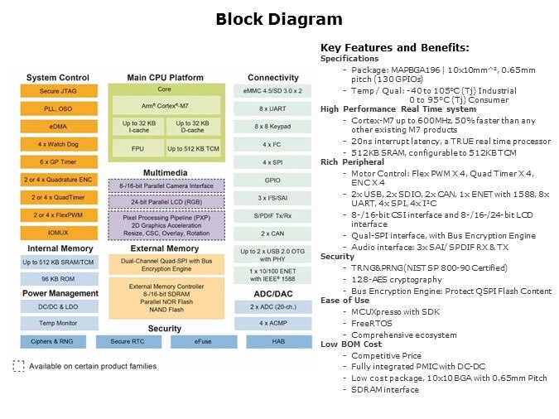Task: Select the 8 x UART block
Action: [x=273, y=108]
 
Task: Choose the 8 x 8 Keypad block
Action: [x=273, y=127]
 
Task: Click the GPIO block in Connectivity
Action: [x=273, y=180]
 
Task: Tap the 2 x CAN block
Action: [x=273, y=234]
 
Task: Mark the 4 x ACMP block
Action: [x=273, y=322]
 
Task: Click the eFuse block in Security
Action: [x=202, y=341]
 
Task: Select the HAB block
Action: [x=273, y=341]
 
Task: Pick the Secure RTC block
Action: [x=127, y=341]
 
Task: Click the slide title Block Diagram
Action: [x=278, y=19]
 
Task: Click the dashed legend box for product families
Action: [x=17, y=365]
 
